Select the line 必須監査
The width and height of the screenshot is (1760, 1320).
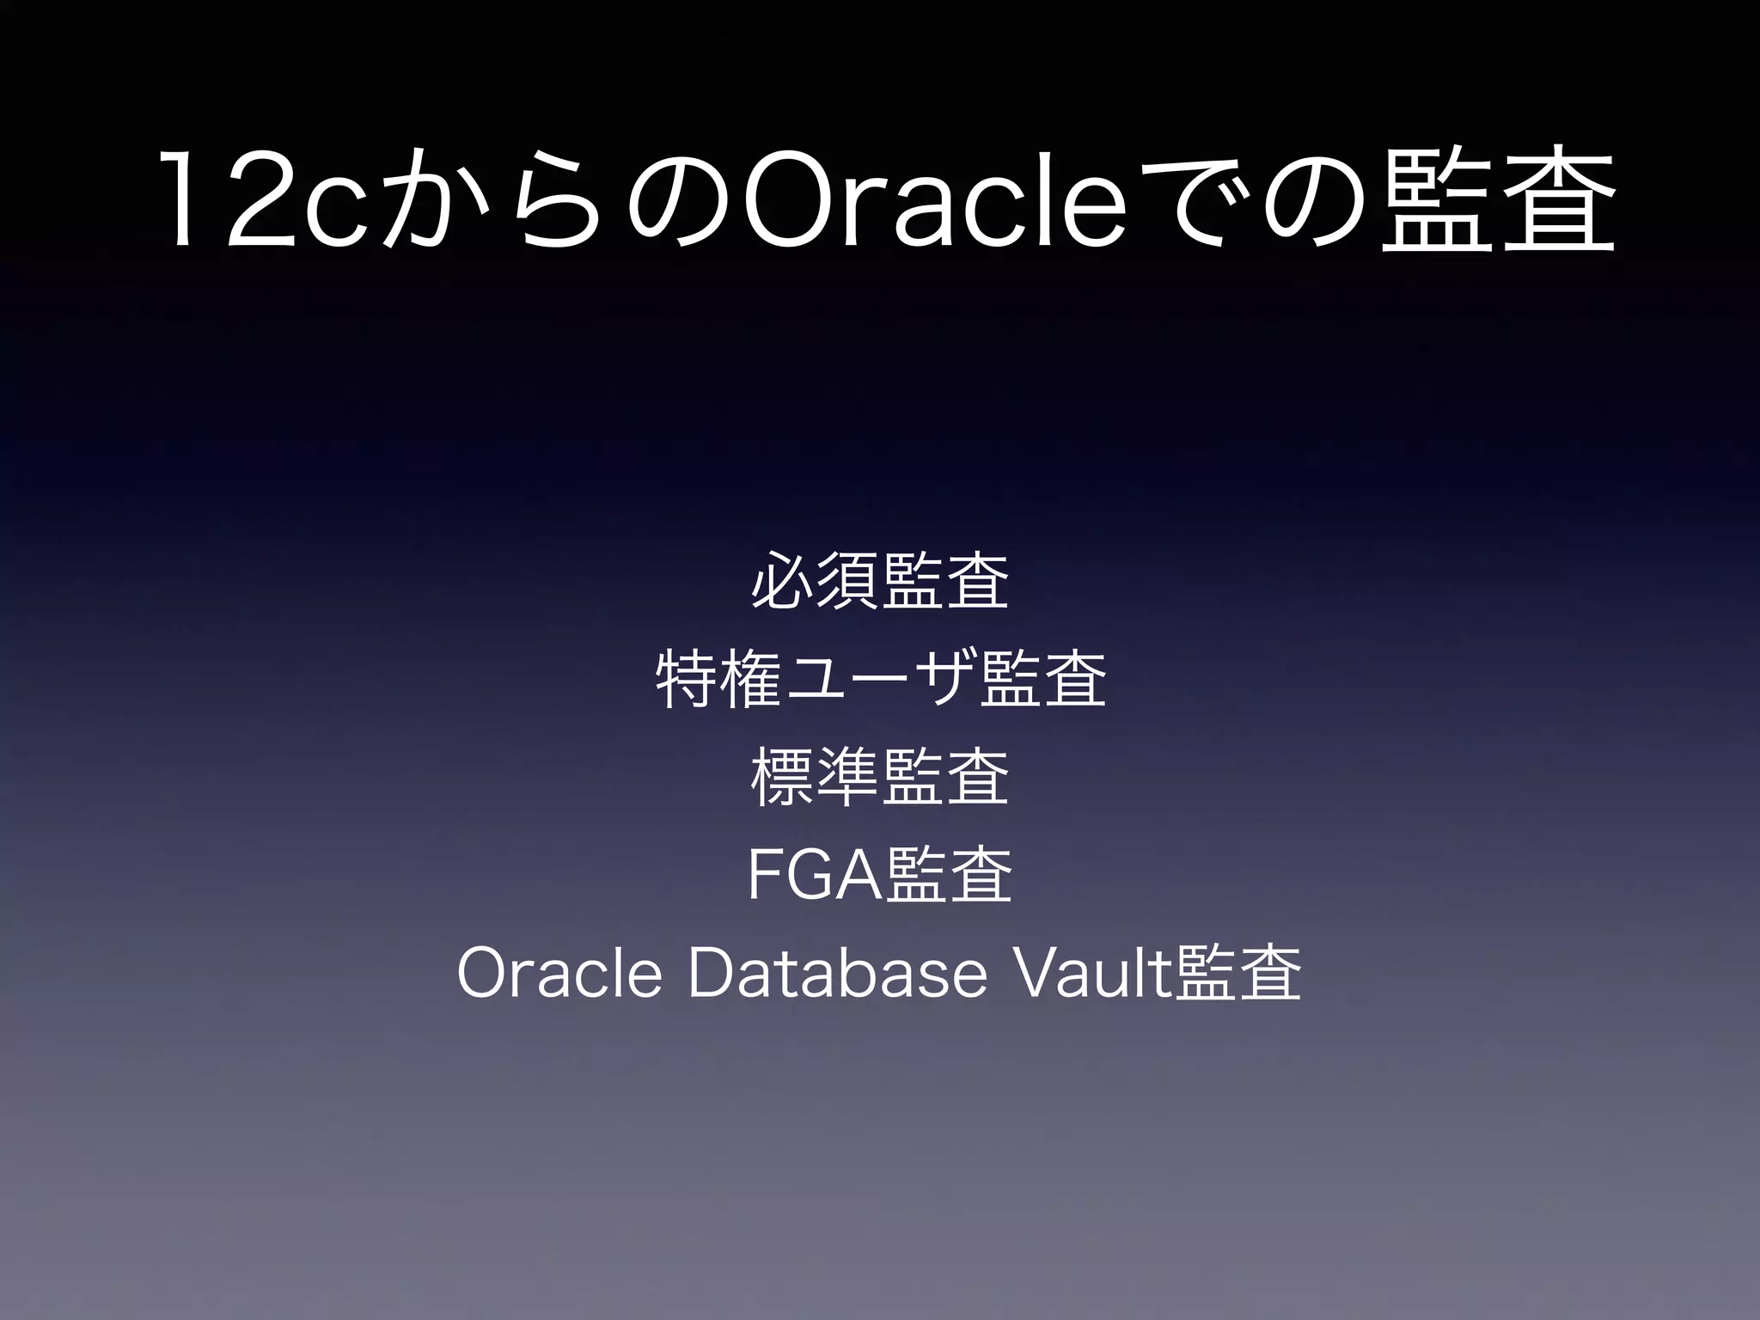(879, 582)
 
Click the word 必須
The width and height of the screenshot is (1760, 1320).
(815, 582)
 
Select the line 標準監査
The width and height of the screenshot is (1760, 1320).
(879, 777)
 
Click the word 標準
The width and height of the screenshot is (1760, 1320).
(815, 777)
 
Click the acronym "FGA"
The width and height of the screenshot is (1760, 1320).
(815, 876)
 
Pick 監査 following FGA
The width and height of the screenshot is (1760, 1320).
(948, 876)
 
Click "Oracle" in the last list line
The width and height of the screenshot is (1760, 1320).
(559, 974)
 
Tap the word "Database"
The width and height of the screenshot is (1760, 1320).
(838, 974)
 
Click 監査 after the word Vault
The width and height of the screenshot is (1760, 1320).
(1238, 974)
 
